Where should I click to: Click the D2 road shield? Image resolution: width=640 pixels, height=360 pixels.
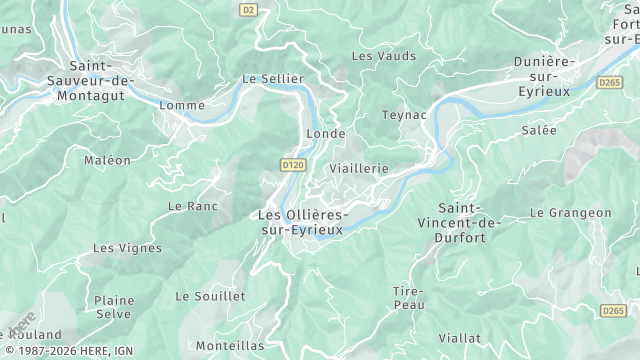(x=249, y=10)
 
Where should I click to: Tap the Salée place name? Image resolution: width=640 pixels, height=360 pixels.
(x=538, y=130)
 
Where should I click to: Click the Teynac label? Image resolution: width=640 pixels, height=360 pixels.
(x=403, y=116)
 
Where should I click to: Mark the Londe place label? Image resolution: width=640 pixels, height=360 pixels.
(x=326, y=133)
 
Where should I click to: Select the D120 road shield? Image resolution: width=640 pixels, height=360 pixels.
(x=292, y=164)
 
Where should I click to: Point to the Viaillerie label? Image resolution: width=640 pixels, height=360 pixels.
(x=358, y=169)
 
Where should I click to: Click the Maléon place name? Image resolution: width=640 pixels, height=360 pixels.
(x=107, y=160)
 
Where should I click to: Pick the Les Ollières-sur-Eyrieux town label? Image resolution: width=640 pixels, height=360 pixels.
(x=301, y=222)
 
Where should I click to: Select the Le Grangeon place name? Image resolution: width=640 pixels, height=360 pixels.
(x=570, y=213)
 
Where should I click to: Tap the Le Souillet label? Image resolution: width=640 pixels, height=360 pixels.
(x=210, y=296)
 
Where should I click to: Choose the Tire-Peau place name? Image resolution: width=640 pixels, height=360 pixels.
(x=408, y=297)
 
